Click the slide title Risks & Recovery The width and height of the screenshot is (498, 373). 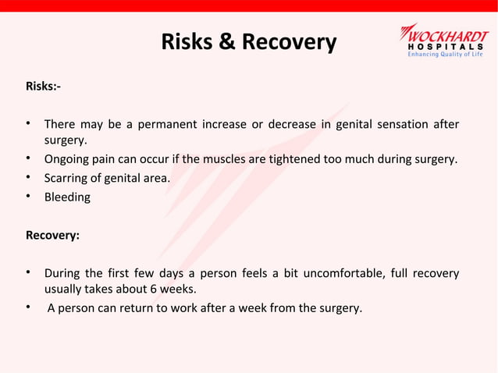tap(248, 41)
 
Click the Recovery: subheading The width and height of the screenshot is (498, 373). tap(52, 234)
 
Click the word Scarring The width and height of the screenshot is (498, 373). tap(68, 179)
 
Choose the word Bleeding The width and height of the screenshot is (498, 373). tap(67, 197)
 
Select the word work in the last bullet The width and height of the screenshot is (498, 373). tap(207, 307)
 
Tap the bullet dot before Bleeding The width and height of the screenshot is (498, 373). tap(28, 196)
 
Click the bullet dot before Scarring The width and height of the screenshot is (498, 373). tap(28, 177)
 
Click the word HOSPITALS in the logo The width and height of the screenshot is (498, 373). tap(447, 45)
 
